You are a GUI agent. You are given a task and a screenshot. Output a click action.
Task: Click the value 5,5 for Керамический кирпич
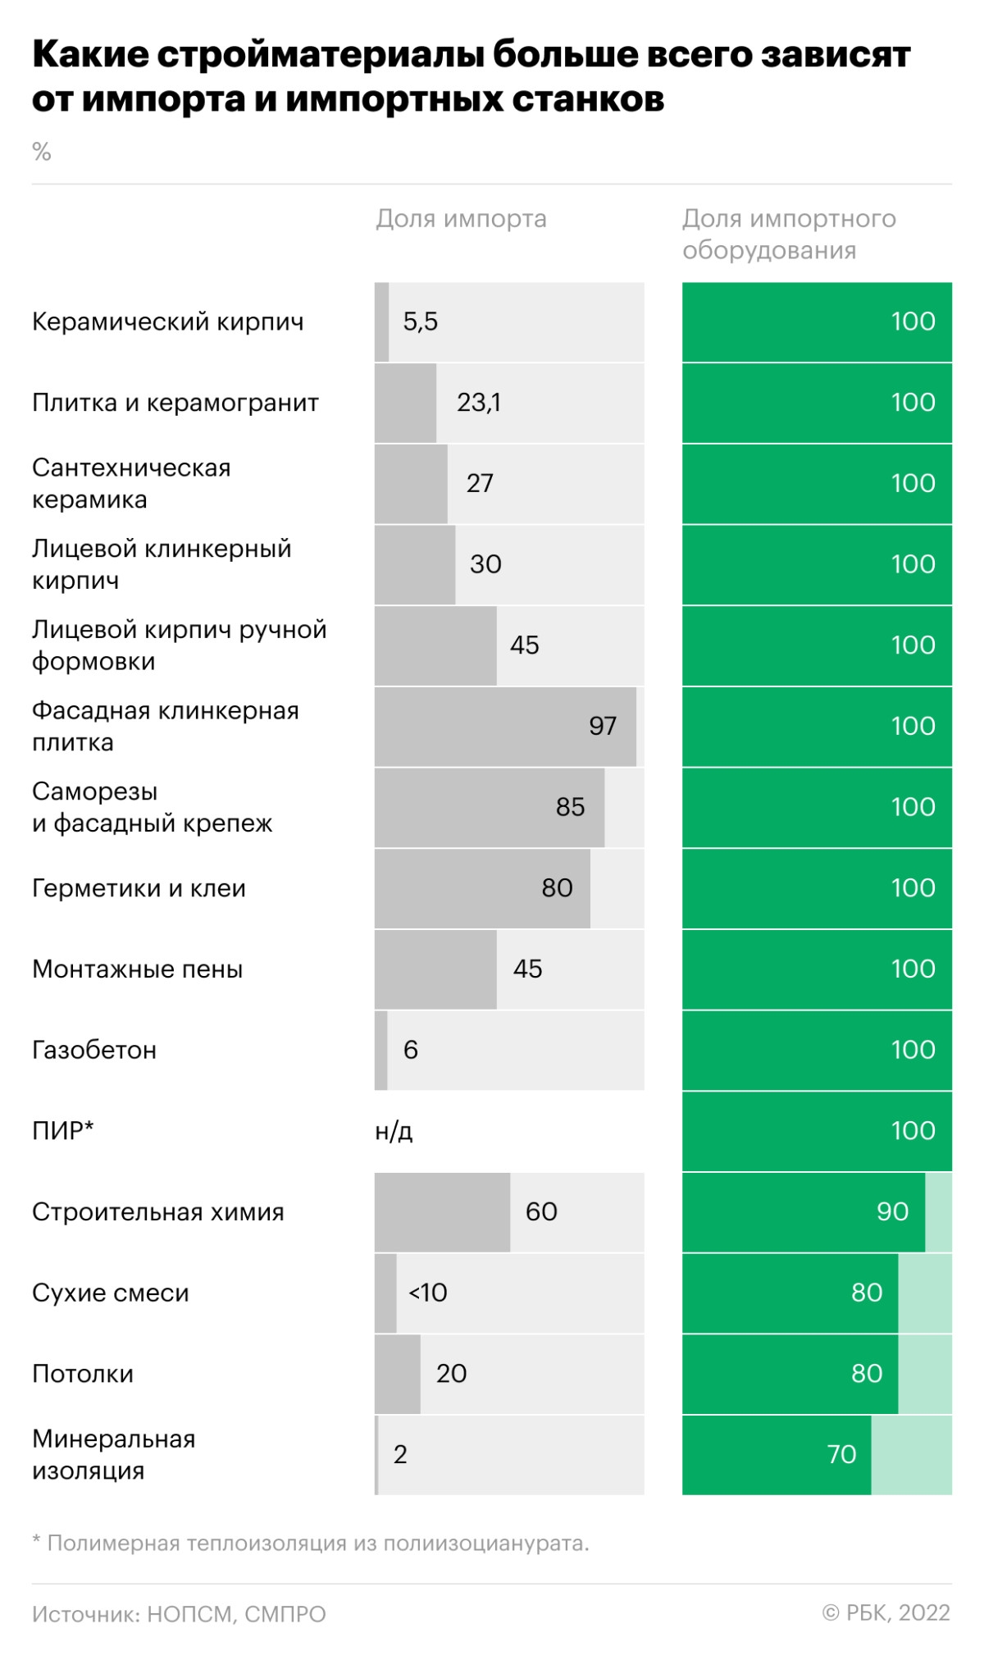[x=420, y=322]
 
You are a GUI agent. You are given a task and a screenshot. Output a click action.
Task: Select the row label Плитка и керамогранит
[x=175, y=403]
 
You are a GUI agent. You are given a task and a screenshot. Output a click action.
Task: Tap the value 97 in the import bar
[x=603, y=726]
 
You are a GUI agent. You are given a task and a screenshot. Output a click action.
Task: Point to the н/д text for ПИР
[x=394, y=1131]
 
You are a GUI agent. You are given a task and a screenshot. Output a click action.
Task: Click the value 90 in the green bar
[x=892, y=1211]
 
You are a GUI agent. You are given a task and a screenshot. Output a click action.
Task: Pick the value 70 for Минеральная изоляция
[x=841, y=1454]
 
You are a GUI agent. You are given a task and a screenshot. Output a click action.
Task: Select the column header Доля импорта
[x=461, y=219]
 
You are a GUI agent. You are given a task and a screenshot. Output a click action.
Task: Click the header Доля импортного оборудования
[x=788, y=235]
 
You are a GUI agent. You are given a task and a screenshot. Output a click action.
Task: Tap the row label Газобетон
[x=94, y=1050]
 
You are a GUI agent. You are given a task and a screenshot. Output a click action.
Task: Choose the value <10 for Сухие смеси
[x=428, y=1293]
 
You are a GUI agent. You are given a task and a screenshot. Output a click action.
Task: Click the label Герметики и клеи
[x=139, y=888]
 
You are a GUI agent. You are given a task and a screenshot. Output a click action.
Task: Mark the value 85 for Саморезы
[x=570, y=807]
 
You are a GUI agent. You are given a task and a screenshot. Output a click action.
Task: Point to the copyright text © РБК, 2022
[x=886, y=1612]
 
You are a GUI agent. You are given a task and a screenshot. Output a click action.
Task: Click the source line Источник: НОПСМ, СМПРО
[x=179, y=1614]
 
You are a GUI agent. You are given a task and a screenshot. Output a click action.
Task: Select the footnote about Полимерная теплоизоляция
[x=311, y=1543]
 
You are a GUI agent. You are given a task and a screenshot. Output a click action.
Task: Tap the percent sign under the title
[x=42, y=152]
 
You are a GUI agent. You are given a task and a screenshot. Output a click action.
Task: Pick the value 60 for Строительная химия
[x=541, y=1211]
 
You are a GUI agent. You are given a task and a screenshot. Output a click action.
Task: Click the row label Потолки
[x=83, y=1374]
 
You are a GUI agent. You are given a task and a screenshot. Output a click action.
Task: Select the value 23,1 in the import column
[x=479, y=403]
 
